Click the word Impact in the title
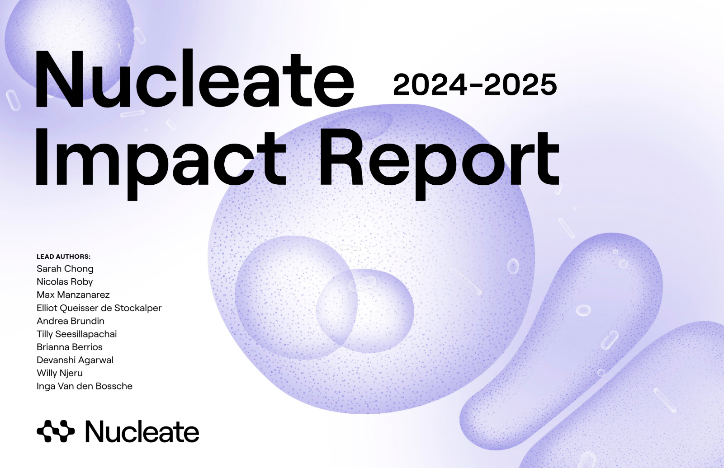161,163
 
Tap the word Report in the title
439,163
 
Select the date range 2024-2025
475,84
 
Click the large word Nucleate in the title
194,79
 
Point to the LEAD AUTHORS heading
63,257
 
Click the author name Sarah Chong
65,269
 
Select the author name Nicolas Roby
65,281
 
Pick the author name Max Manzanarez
73,295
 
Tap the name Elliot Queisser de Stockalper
99,308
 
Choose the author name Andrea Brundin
71,321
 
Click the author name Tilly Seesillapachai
76,334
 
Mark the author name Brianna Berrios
70,347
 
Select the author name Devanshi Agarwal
75,360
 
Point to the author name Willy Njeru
60,373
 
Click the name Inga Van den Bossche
85,386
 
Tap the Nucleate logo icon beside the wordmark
56,431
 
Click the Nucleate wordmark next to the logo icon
142,431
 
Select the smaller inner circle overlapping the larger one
364,311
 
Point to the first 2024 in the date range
430,84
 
